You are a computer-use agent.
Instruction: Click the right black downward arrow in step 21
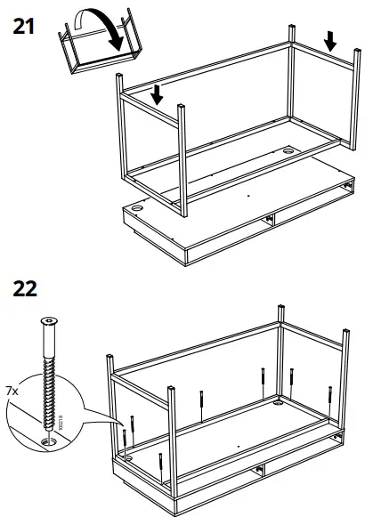click(x=330, y=40)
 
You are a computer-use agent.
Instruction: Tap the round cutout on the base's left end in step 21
click(x=137, y=211)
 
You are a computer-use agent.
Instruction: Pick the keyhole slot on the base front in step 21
click(x=266, y=222)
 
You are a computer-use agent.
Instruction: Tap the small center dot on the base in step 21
click(x=249, y=190)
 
